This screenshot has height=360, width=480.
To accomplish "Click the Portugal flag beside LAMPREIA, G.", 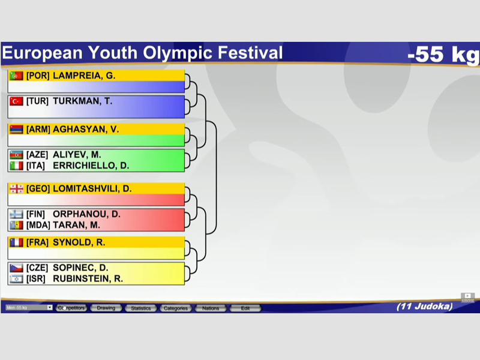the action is pyautogui.click(x=16, y=76).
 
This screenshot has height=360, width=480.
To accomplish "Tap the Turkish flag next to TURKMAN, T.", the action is pyautogui.click(x=16, y=101).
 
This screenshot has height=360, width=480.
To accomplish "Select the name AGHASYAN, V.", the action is pyautogui.click(x=86, y=130).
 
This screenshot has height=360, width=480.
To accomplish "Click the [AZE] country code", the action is pyautogui.click(x=37, y=155).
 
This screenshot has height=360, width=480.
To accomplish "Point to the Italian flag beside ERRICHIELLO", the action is pyautogui.click(x=16, y=166).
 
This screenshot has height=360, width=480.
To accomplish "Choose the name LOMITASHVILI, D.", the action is pyautogui.click(x=92, y=188).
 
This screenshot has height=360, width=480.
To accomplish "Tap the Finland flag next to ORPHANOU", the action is pyautogui.click(x=16, y=214).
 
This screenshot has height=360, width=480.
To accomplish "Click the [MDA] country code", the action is pyautogui.click(x=38, y=225).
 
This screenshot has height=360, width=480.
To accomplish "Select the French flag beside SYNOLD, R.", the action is pyautogui.click(x=16, y=242).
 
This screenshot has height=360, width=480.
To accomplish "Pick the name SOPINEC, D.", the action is pyautogui.click(x=80, y=268).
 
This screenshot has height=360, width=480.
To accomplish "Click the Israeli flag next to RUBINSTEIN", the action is pyautogui.click(x=16, y=279).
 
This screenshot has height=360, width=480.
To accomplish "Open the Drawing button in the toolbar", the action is pyautogui.click(x=106, y=308).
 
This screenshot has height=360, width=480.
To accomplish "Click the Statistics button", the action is pyautogui.click(x=141, y=308).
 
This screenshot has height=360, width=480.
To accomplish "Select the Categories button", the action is pyautogui.click(x=176, y=308).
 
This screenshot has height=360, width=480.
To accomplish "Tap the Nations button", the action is pyautogui.click(x=211, y=308).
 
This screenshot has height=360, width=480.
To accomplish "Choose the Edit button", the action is pyautogui.click(x=245, y=308).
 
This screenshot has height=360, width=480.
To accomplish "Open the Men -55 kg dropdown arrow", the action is pyautogui.click(x=50, y=307).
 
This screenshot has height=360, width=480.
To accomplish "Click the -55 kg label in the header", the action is pyautogui.click(x=443, y=54).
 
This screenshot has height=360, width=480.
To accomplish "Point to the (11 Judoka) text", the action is pyautogui.click(x=425, y=307).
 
